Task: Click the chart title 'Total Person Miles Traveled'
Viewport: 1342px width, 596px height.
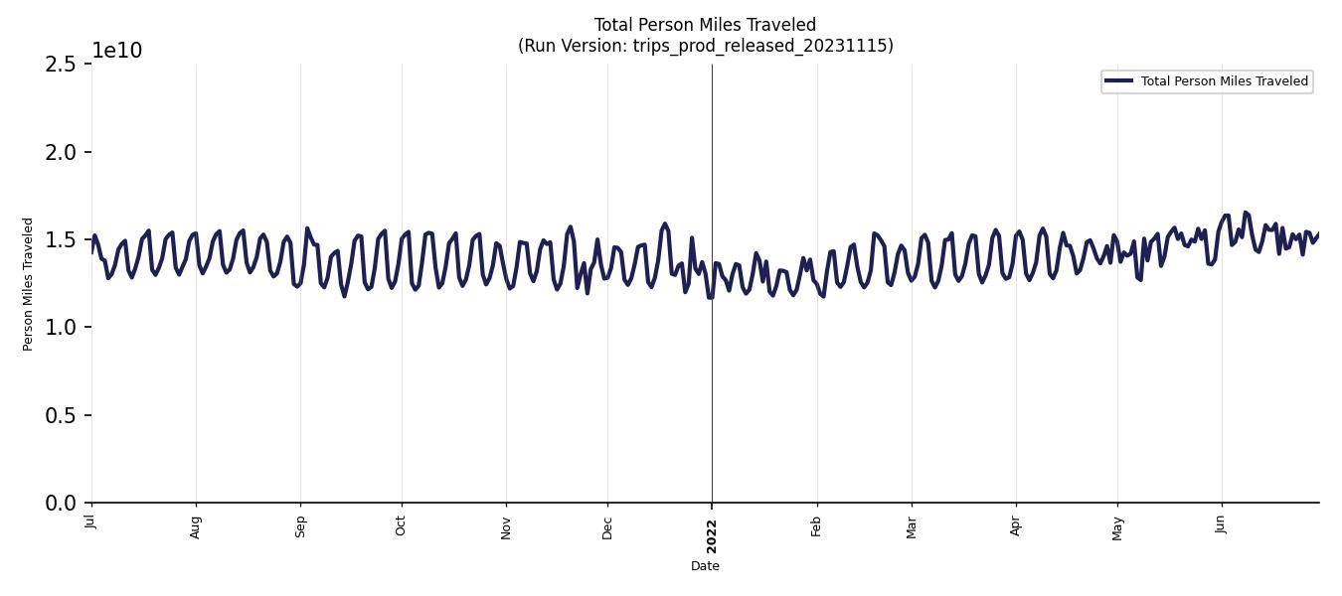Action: click(705, 25)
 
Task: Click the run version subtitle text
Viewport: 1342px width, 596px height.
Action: click(705, 46)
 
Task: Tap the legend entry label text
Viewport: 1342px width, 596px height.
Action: click(1224, 81)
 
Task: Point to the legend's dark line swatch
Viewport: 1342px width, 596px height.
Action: click(1118, 81)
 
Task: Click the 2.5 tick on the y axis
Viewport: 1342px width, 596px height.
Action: click(61, 65)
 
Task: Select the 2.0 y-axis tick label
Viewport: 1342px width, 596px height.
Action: click(61, 152)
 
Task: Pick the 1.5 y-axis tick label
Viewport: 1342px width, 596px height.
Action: click(61, 239)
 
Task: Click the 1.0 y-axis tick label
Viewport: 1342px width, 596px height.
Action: click(61, 328)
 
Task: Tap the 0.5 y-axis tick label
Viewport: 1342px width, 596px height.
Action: click(61, 415)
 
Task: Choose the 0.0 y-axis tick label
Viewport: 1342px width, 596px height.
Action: click(61, 504)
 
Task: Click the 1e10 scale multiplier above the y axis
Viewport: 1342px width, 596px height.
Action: click(117, 51)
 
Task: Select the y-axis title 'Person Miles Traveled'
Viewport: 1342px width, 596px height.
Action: click(28, 284)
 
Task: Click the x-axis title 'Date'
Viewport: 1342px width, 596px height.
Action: click(705, 566)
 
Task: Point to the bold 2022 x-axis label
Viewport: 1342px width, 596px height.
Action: click(712, 536)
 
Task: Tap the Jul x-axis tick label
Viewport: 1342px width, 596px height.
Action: click(91, 521)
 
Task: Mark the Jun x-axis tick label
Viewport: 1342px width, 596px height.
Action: click(1221, 523)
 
